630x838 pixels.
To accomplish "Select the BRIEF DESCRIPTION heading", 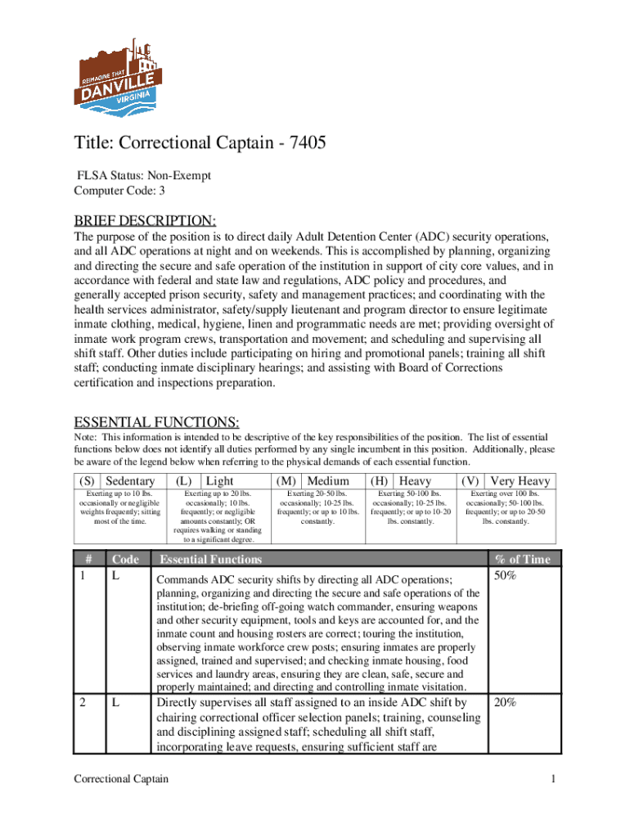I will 145,221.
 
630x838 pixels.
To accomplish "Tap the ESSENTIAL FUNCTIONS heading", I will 156,422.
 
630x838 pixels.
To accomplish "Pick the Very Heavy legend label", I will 520,481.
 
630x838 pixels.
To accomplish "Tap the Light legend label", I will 220,481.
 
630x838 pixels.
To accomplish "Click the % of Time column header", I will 523,560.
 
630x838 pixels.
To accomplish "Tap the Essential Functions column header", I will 210,560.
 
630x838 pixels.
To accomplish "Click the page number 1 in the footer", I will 553,778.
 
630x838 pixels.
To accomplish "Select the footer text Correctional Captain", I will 121,778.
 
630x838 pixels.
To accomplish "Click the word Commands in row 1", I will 182,579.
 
